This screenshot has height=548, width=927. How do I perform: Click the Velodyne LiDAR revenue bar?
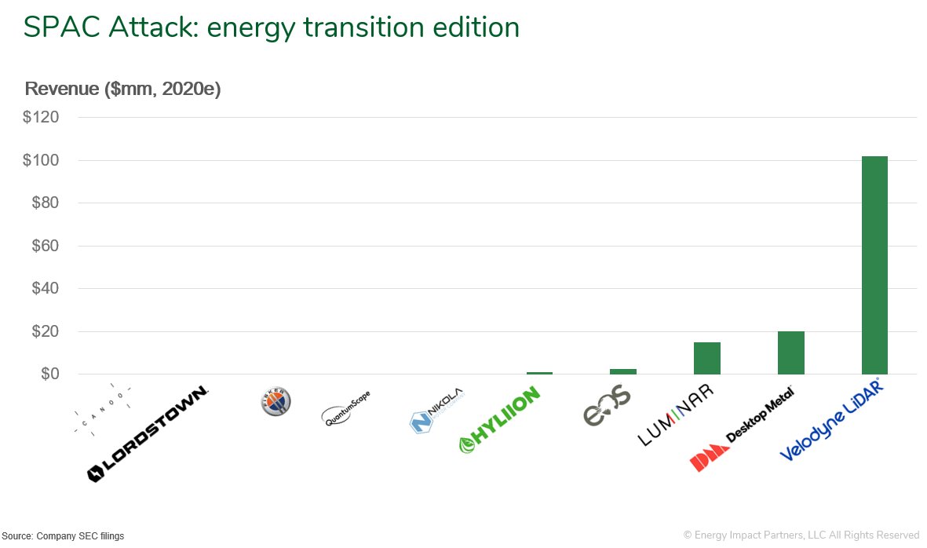[x=874, y=265]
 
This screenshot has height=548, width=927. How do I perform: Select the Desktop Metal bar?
[x=790, y=353]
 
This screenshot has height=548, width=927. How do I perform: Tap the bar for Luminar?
[x=706, y=358]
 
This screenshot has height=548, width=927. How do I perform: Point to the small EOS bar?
[x=623, y=371]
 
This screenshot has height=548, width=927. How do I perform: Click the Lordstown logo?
[x=148, y=433]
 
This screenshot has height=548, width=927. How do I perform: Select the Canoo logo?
[x=101, y=411]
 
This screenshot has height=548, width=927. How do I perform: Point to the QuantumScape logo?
[x=346, y=409]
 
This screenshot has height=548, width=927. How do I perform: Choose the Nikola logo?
[x=436, y=411]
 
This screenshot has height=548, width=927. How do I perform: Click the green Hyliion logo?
[x=500, y=420]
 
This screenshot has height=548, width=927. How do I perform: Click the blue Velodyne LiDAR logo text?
[x=830, y=420]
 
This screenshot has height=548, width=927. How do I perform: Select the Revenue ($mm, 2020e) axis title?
[x=123, y=89]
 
